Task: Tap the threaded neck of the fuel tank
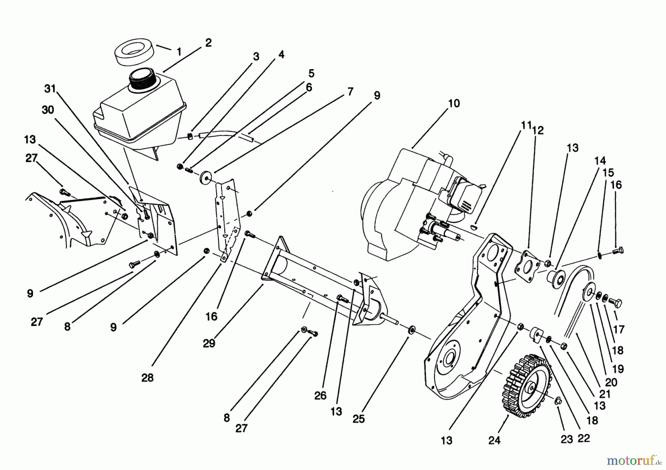[143, 79]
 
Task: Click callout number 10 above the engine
[454, 103]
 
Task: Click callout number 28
[147, 378]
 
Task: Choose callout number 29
[209, 343]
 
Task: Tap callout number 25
[359, 419]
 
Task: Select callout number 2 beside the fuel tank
[208, 43]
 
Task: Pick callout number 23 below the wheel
[566, 439]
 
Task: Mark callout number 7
[350, 91]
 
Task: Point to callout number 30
[48, 110]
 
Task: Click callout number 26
[320, 396]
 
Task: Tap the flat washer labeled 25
[411, 330]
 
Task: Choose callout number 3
[256, 57]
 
